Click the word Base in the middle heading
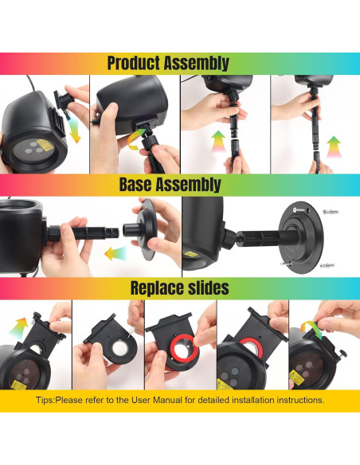click(x=141, y=185)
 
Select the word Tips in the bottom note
click(x=47, y=401)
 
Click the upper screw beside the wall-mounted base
click(x=331, y=211)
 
